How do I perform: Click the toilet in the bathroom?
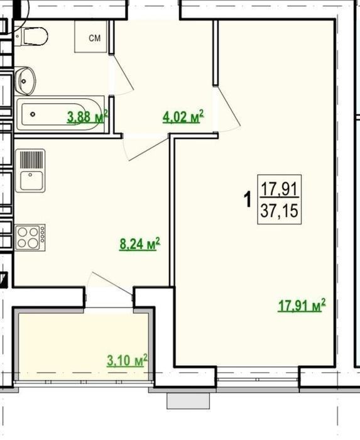31,36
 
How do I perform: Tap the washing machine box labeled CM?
91,36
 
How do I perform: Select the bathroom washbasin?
25,81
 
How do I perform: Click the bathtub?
60,114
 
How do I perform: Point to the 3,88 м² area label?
87,116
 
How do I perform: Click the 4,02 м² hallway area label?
183,116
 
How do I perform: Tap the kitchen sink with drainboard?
30,170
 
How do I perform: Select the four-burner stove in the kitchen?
30,237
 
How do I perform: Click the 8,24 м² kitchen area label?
139,244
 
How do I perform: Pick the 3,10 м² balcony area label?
128,360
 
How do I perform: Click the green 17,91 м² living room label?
302,305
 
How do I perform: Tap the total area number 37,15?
279,211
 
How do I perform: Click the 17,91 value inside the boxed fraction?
279,189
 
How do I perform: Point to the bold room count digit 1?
248,199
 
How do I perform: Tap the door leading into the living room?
227,109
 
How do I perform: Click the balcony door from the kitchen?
110,283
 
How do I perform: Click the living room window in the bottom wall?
258,379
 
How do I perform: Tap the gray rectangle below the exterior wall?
188,401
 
